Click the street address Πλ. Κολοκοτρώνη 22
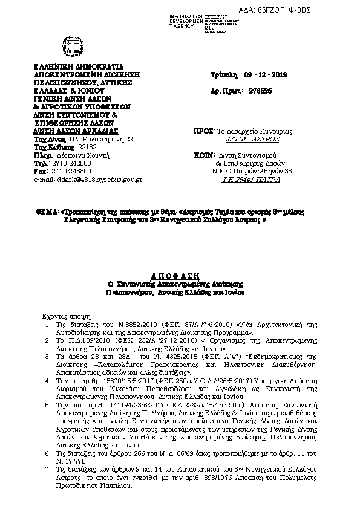tap(100, 138)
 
